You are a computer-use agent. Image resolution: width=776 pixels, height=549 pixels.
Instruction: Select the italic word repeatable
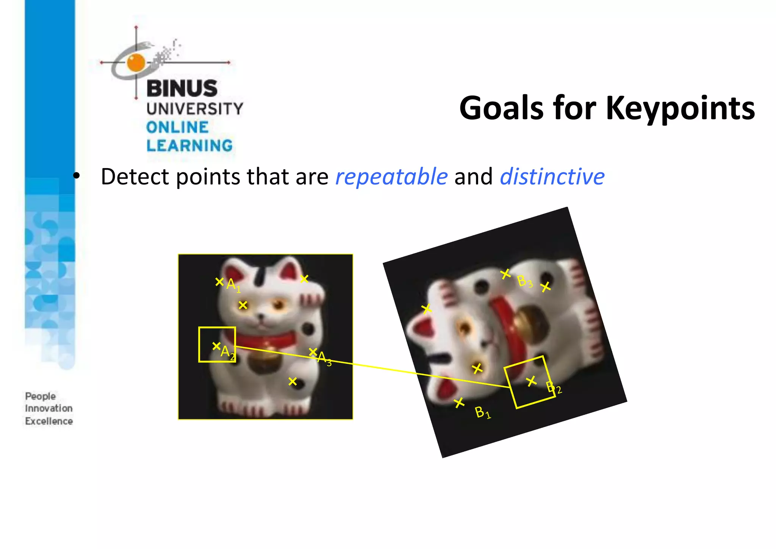point(391,177)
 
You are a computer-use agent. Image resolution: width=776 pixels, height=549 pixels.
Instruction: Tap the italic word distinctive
point(552,177)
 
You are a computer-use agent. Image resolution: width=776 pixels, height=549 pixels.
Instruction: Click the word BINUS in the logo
point(182,88)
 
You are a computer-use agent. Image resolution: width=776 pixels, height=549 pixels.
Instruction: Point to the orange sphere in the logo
point(136,62)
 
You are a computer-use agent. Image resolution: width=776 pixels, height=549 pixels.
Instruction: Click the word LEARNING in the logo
point(189,146)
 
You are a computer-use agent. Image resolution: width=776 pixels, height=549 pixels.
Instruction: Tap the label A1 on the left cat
point(233,285)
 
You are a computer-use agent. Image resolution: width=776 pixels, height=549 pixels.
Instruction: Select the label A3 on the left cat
point(324,358)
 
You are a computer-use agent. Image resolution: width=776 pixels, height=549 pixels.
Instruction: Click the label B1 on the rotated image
point(482,412)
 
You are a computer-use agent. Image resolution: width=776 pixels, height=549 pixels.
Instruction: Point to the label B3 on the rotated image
point(525,281)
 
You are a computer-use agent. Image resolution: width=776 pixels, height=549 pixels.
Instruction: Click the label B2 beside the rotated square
point(554,388)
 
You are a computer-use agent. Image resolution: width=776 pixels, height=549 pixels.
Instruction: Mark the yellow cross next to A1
point(219,282)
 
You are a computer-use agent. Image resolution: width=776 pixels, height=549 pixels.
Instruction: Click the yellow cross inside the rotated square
point(531,381)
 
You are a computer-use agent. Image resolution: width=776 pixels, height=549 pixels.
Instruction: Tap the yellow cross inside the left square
point(216,346)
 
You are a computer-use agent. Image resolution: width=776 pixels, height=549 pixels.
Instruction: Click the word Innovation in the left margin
point(48,409)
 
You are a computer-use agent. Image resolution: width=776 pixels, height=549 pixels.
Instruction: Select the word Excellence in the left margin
point(49,421)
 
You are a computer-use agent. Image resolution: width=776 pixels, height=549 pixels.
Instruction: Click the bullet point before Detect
point(77,176)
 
